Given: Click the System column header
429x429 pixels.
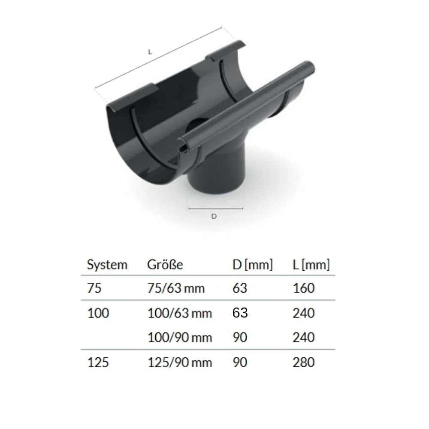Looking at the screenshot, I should (107, 265).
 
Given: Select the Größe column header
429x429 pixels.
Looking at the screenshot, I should (165, 265).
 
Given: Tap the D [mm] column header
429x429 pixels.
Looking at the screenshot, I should (252, 265).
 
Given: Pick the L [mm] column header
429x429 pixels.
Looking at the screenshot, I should (311, 265).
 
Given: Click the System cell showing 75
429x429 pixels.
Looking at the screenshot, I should (94, 288).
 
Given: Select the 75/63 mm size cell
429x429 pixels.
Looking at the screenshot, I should (176, 288).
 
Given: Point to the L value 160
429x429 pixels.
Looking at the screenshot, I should (304, 288).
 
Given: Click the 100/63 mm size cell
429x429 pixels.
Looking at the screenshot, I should (179, 313).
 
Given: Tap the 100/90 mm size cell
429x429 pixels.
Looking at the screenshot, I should (179, 338).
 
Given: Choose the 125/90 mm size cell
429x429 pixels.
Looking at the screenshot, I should (179, 363).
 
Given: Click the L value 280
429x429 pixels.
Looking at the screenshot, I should (304, 363).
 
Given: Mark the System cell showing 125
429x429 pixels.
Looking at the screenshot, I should (98, 363).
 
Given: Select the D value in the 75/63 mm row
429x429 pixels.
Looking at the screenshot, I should (240, 288).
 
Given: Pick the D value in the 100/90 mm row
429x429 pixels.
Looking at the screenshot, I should (240, 338).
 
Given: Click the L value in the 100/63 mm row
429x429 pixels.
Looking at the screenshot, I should (304, 313).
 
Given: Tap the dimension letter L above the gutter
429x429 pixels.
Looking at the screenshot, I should (150, 51).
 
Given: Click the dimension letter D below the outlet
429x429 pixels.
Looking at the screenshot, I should (214, 216).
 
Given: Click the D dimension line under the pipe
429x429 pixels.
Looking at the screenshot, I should (216, 209).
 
